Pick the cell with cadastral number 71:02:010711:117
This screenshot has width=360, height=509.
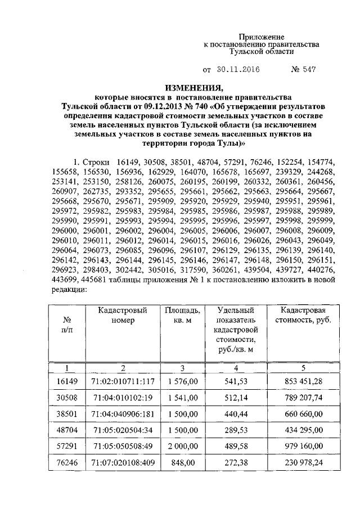(x=123, y=381)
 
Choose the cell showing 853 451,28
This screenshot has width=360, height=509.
(x=304, y=381)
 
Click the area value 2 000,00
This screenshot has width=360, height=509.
(x=181, y=446)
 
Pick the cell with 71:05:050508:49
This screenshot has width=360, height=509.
(x=123, y=446)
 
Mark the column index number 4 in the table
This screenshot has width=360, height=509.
(x=236, y=368)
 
